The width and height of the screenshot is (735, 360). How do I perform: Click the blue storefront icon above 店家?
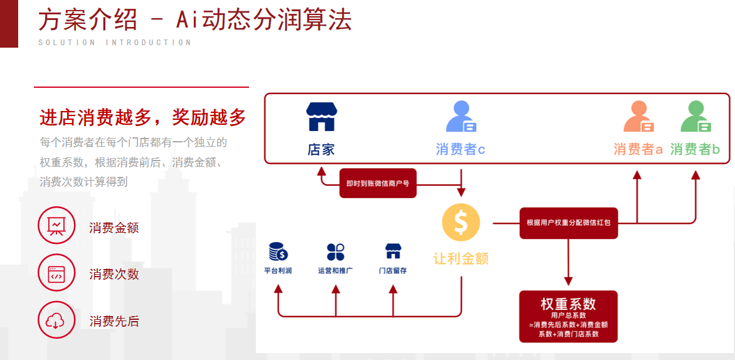click(x=322, y=117)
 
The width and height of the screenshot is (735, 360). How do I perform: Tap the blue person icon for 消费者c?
click(x=461, y=117)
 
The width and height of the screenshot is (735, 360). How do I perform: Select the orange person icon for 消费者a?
click(x=638, y=117)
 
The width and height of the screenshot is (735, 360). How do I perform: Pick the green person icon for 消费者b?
click(x=695, y=117)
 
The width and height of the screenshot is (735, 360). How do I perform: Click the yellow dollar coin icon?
click(x=461, y=222)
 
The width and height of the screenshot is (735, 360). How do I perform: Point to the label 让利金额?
click(x=461, y=258)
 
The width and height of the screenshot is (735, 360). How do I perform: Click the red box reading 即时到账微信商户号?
click(x=378, y=183)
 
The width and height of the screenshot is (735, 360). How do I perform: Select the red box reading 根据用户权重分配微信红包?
click(x=568, y=223)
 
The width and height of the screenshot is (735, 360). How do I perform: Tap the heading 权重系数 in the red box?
click(x=568, y=304)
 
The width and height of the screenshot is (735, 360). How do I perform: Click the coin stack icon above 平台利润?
click(x=278, y=251)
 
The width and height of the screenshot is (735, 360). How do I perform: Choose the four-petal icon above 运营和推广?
click(x=336, y=251)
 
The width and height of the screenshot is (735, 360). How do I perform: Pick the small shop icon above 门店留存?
click(x=393, y=251)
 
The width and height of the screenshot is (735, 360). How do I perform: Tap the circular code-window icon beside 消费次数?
click(x=56, y=273)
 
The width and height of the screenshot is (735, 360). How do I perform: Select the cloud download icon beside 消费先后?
click(x=56, y=320)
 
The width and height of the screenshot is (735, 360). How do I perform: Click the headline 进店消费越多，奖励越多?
click(x=143, y=117)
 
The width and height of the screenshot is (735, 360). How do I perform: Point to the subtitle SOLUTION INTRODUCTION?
click(x=115, y=43)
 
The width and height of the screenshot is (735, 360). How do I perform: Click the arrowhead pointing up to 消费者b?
click(x=695, y=176)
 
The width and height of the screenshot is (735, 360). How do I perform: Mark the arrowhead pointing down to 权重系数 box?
click(x=568, y=280)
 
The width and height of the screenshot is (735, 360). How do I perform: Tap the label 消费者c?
click(x=461, y=149)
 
